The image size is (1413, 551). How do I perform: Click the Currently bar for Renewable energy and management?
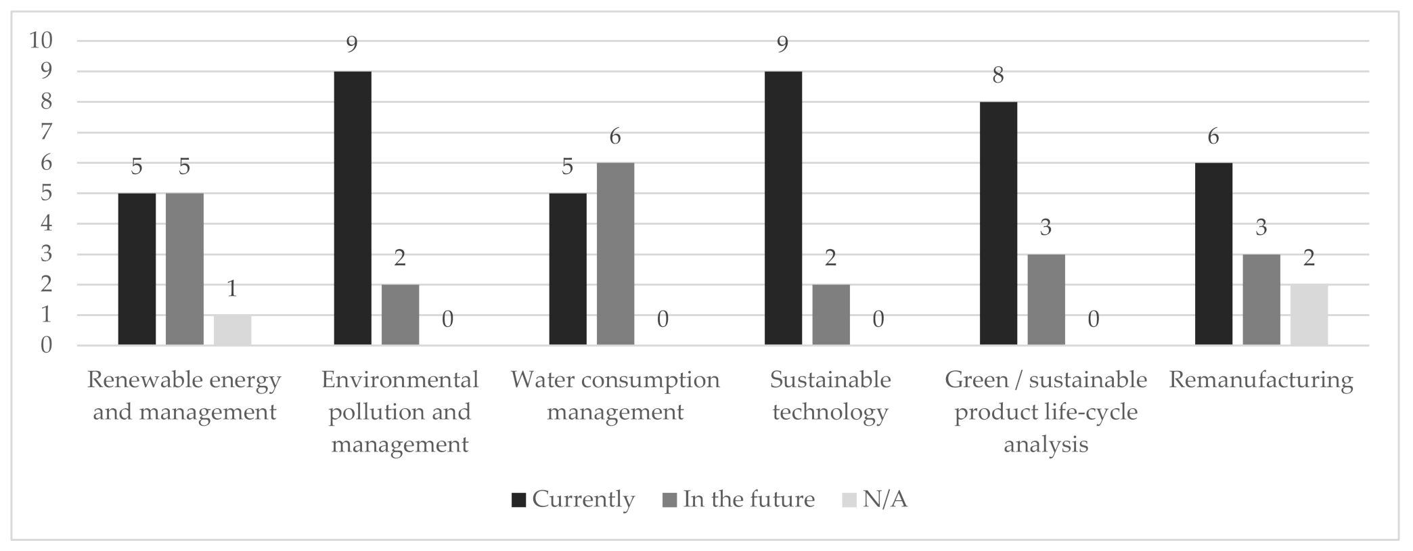[x=137, y=269]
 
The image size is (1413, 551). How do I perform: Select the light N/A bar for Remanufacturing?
[x=1309, y=315]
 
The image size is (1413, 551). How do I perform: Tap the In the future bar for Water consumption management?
[x=615, y=254]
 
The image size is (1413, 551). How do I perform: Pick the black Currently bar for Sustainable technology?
[x=783, y=208]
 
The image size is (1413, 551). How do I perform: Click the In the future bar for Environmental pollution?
[x=400, y=315]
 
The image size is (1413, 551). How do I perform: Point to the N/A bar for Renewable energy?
[x=232, y=330]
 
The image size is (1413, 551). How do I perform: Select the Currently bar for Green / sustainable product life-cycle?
[x=998, y=223]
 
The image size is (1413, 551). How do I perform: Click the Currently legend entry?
[x=574, y=500]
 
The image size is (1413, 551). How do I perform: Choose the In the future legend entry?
[x=739, y=500]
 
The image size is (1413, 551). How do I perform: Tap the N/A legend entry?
[x=875, y=500]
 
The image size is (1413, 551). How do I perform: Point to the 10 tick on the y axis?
[x=41, y=41]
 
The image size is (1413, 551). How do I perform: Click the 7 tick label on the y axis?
[x=46, y=132]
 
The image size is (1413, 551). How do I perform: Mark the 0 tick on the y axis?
[x=46, y=345]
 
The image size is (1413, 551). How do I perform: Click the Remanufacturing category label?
[x=1261, y=380]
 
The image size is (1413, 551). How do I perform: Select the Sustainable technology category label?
[x=830, y=396]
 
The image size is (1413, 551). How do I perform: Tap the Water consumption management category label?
[x=615, y=396]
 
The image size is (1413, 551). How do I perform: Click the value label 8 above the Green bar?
[x=998, y=75]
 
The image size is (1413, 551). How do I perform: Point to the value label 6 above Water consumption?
[x=615, y=137]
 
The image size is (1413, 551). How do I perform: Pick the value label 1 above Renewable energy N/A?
[x=232, y=289]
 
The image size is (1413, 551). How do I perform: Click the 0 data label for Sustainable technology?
[x=878, y=319]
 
